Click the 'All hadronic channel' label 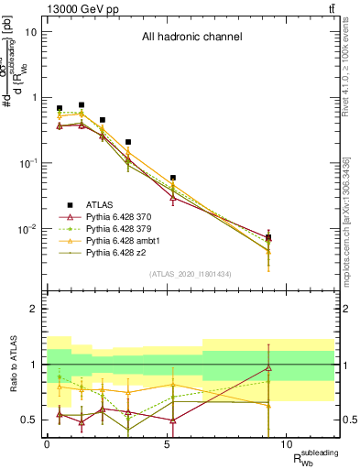point(191,38)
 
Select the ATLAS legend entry point(101,205)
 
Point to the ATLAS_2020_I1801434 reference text point(190,275)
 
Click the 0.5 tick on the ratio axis point(30,420)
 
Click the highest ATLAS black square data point point(82,105)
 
